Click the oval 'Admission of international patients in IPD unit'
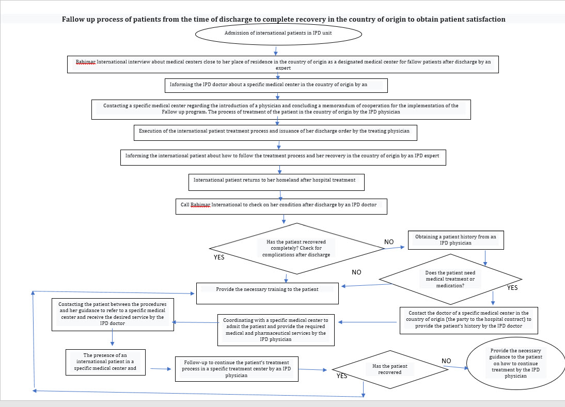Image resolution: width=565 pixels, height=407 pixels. pyautogui.click(x=278, y=34)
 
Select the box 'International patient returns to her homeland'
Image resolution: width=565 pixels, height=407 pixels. pyautogui.click(x=276, y=182)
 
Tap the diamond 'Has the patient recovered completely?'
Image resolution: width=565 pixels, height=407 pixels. pyautogui.click(x=297, y=248)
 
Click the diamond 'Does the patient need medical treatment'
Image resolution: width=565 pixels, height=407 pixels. pyautogui.click(x=450, y=279)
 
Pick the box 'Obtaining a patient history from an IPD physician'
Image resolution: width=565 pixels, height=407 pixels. pyautogui.click(x=456, y=240)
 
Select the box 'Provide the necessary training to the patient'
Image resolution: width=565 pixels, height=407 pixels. pyautogui.click(x=267, y=293)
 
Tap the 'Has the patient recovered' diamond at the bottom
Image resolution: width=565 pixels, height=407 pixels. pyautogui.click(x=389, y=369)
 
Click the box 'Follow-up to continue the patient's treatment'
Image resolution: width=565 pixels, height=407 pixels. pyautogui.click(x=237, y=369)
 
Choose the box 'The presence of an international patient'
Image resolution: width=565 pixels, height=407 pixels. pyautogui.click(x=106, y=362)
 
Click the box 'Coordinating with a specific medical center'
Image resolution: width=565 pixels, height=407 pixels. pyautogui.click(x=276, y=330)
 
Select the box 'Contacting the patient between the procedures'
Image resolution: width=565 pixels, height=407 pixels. pyautogui.click(x=112, y=314)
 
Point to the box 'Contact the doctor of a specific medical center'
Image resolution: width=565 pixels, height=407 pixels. pyautogui.click(x=468, y=320)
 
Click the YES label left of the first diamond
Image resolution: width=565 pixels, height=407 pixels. pyautogui.click(x=219, y=257)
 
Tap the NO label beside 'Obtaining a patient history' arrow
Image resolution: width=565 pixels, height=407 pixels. pyautogui.click(x=389, y=242)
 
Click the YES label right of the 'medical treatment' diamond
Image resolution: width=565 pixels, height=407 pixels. pyautogui.click(x=512, y=287)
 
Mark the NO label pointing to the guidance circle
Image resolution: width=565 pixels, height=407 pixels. pyautogui.click(x=446, y=360)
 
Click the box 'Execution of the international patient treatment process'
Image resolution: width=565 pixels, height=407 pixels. pyautogui.click(x=275, y=132)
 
